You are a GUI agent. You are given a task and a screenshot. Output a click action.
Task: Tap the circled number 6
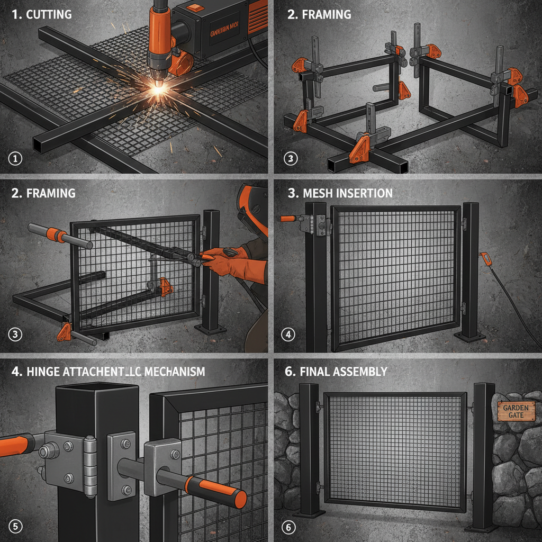pyautogui.click(x=288, y=527)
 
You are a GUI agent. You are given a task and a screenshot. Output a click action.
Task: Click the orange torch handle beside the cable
pyautogui.click(x=484, y=259)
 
